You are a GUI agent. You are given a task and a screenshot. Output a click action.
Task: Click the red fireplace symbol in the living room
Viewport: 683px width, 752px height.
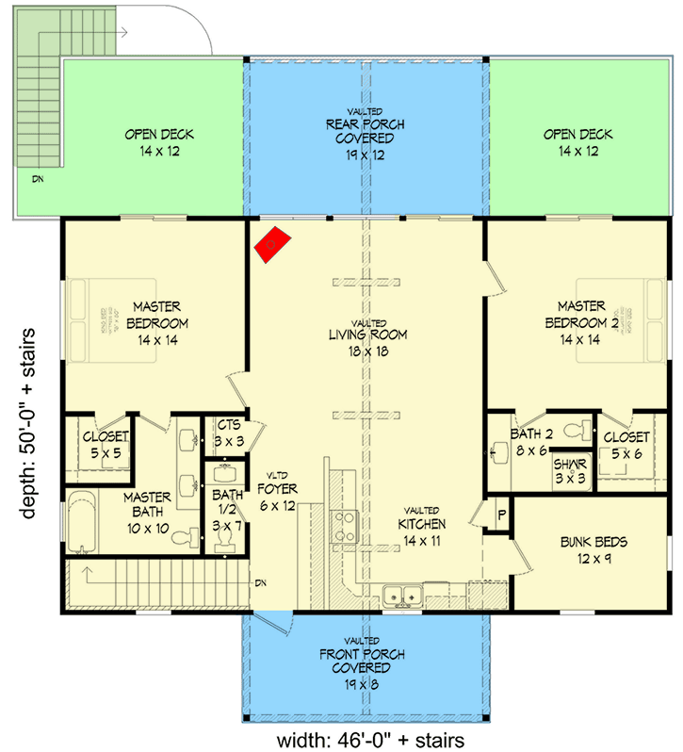[272, 244]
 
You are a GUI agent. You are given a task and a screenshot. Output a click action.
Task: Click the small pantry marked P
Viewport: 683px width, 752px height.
[499, 515]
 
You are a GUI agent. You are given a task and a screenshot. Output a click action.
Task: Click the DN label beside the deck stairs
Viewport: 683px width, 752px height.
[37, 177]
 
